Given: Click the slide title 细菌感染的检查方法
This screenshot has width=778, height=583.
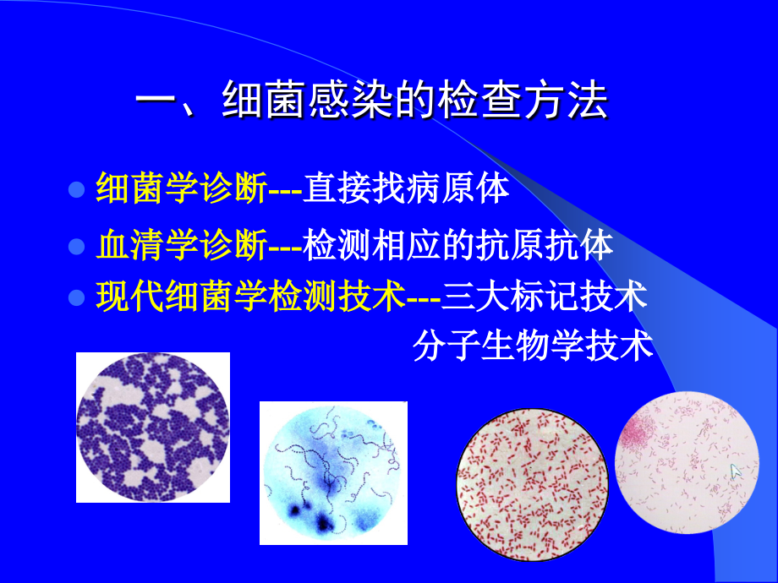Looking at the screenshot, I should click(x=414, y=103).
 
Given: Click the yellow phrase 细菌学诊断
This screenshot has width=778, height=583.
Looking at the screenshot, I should click(x=181, y=188).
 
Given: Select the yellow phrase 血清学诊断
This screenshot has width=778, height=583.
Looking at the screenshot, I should click(x=181, y=245).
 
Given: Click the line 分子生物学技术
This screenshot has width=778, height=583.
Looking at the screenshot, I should click(x=534, y=346).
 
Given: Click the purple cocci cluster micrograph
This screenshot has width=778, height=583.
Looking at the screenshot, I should click(x=152, y=427).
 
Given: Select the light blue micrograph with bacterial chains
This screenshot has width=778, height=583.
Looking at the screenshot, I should click(x=332, y=473).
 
